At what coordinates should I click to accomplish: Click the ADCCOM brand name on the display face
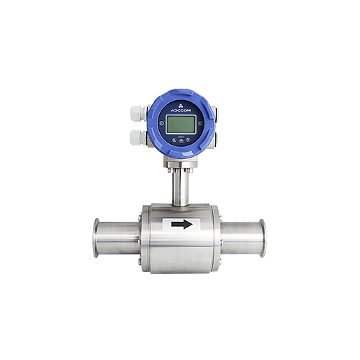pos(181,110)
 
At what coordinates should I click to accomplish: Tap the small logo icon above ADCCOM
pos(181,105)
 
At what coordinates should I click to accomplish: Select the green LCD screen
pos(181,124)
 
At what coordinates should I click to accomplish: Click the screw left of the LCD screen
pos(162,123)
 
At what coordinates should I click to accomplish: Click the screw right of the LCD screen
pos(200,123)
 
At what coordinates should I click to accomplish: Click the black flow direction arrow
pos(182,225)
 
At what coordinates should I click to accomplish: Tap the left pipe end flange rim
pos(96,238)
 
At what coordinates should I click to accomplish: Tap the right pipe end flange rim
pos(262,238)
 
